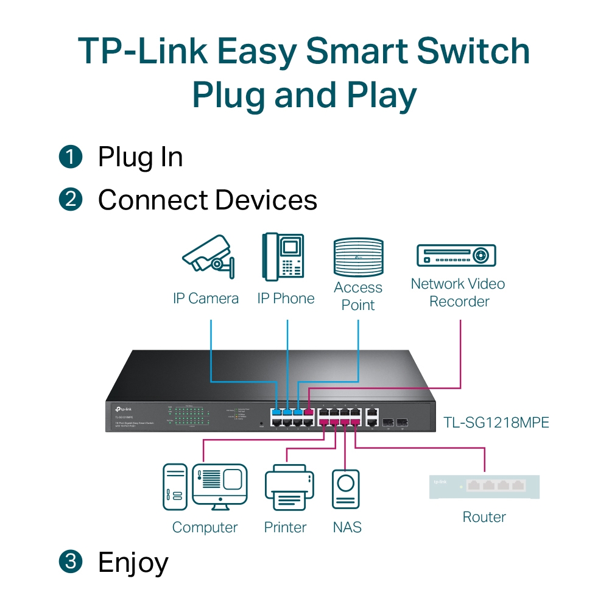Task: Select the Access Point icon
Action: [x=358, y=258]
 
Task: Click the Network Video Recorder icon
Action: [x=456, y=255]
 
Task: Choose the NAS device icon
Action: [x=346, y=488]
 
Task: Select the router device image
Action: [x=484, y=486]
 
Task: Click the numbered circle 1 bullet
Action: [x=71, y=157]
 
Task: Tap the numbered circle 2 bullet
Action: [x=71, y=199]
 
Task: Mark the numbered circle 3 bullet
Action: [x=71, y=561]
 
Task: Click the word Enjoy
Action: [x=133, y=563]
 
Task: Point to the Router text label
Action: [x=484, y=517]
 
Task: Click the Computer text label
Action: [x=205, y=527]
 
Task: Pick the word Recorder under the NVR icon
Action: [x=459, y=301]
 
